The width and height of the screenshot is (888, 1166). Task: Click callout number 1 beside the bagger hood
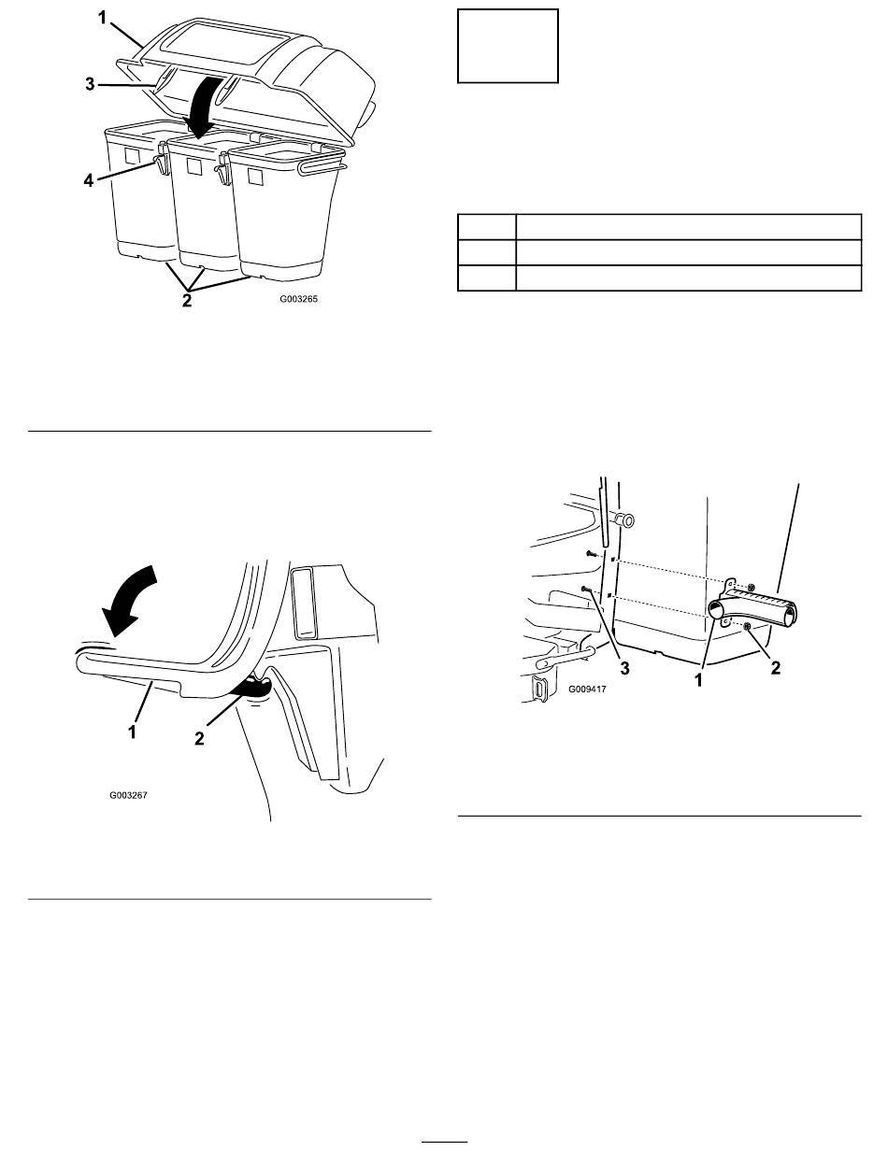(x=102, y=19)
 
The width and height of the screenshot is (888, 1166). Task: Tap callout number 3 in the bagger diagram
(x=91, y=84)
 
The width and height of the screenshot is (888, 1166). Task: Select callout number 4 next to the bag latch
(x=88, y=180)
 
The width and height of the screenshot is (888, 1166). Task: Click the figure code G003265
(x=299, y=299)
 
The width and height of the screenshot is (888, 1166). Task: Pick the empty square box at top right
(x=508, y=46)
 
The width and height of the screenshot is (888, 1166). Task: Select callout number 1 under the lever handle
(x=132, y=732)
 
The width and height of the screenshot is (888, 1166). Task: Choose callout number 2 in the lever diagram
(x=199, y=738)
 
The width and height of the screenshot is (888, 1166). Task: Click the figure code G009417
(x=587, y=690)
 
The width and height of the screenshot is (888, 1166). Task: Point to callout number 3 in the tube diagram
(x=625, y=668)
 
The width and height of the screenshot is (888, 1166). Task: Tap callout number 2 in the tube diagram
(x=776, y=668)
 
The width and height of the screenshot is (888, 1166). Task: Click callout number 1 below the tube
(x=699, y=679)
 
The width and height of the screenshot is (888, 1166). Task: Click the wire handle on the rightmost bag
(x=321, y=166)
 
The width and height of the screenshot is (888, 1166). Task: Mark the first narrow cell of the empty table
(x=486, y=227)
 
